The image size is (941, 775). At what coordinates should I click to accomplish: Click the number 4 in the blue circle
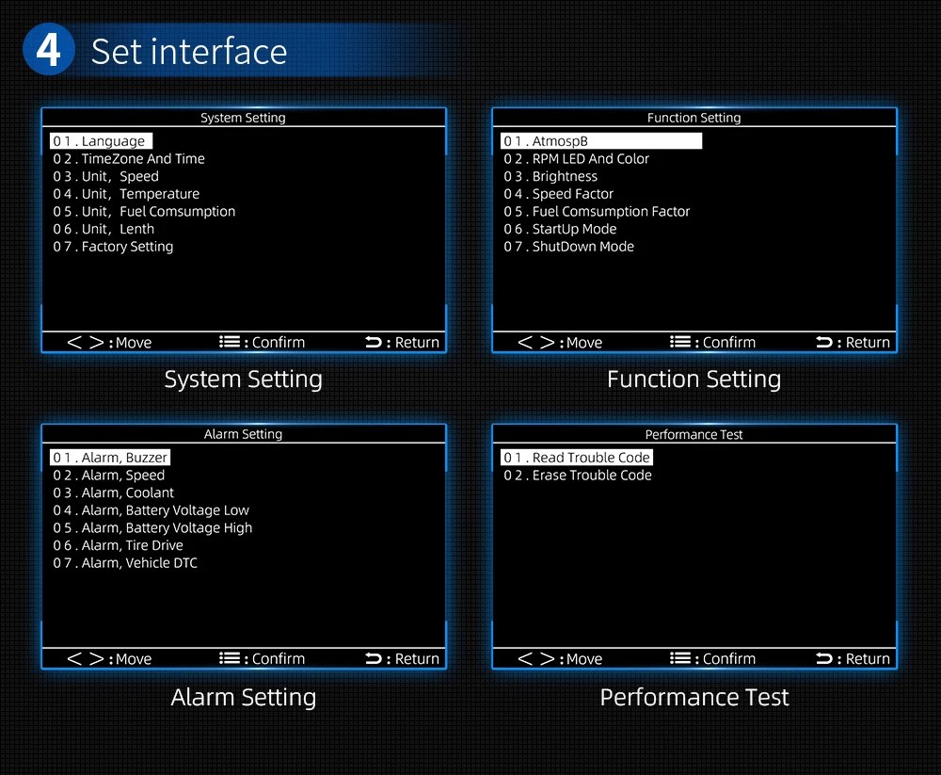pyautogui.click(x=48, y=50)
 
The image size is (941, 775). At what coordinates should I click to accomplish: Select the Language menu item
pyautogui.click(x=102, y=141)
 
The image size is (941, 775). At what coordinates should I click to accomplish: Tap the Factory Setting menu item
pyautogui.click(x=113, y=247)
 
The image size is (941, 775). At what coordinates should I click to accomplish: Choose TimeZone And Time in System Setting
pyautogui.click(x=129, y=159)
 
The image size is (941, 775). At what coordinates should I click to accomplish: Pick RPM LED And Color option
pyautogui.click(x=576, y=159)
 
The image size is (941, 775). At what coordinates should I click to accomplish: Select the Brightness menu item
pyautogui.click(x=550, y=176)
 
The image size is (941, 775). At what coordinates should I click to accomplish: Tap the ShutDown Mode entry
pyautogui.click(x=568, y=247)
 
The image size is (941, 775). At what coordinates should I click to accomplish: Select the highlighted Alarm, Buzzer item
pyautogui.click(x=110, y=458)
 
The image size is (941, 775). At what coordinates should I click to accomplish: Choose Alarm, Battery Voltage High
pyautogui.click(x=152, y=528)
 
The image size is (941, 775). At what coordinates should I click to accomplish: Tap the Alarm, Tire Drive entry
pyautogui.click(x=118, y=545)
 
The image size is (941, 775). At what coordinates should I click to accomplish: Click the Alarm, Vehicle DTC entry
pyautogui.click(x=125, y=563)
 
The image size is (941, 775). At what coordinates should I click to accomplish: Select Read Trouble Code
pyautogui.click(x=577, y=458)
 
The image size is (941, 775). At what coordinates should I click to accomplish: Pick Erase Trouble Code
pyautogui.click(x=578, y=476)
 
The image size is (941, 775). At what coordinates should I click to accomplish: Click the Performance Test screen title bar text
pyautogui.click(x=694, y=435)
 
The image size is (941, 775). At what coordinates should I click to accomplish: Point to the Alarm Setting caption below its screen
pyautogui.click(x=244, y=698)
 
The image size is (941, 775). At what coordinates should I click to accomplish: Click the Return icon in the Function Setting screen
pyautogui.click(x=824, y=343)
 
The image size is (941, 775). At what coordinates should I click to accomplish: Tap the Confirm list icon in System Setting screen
pyautogui.click(x=231, y=343)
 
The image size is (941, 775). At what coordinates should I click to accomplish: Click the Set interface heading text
pyautogui.click(x=189, y=51)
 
